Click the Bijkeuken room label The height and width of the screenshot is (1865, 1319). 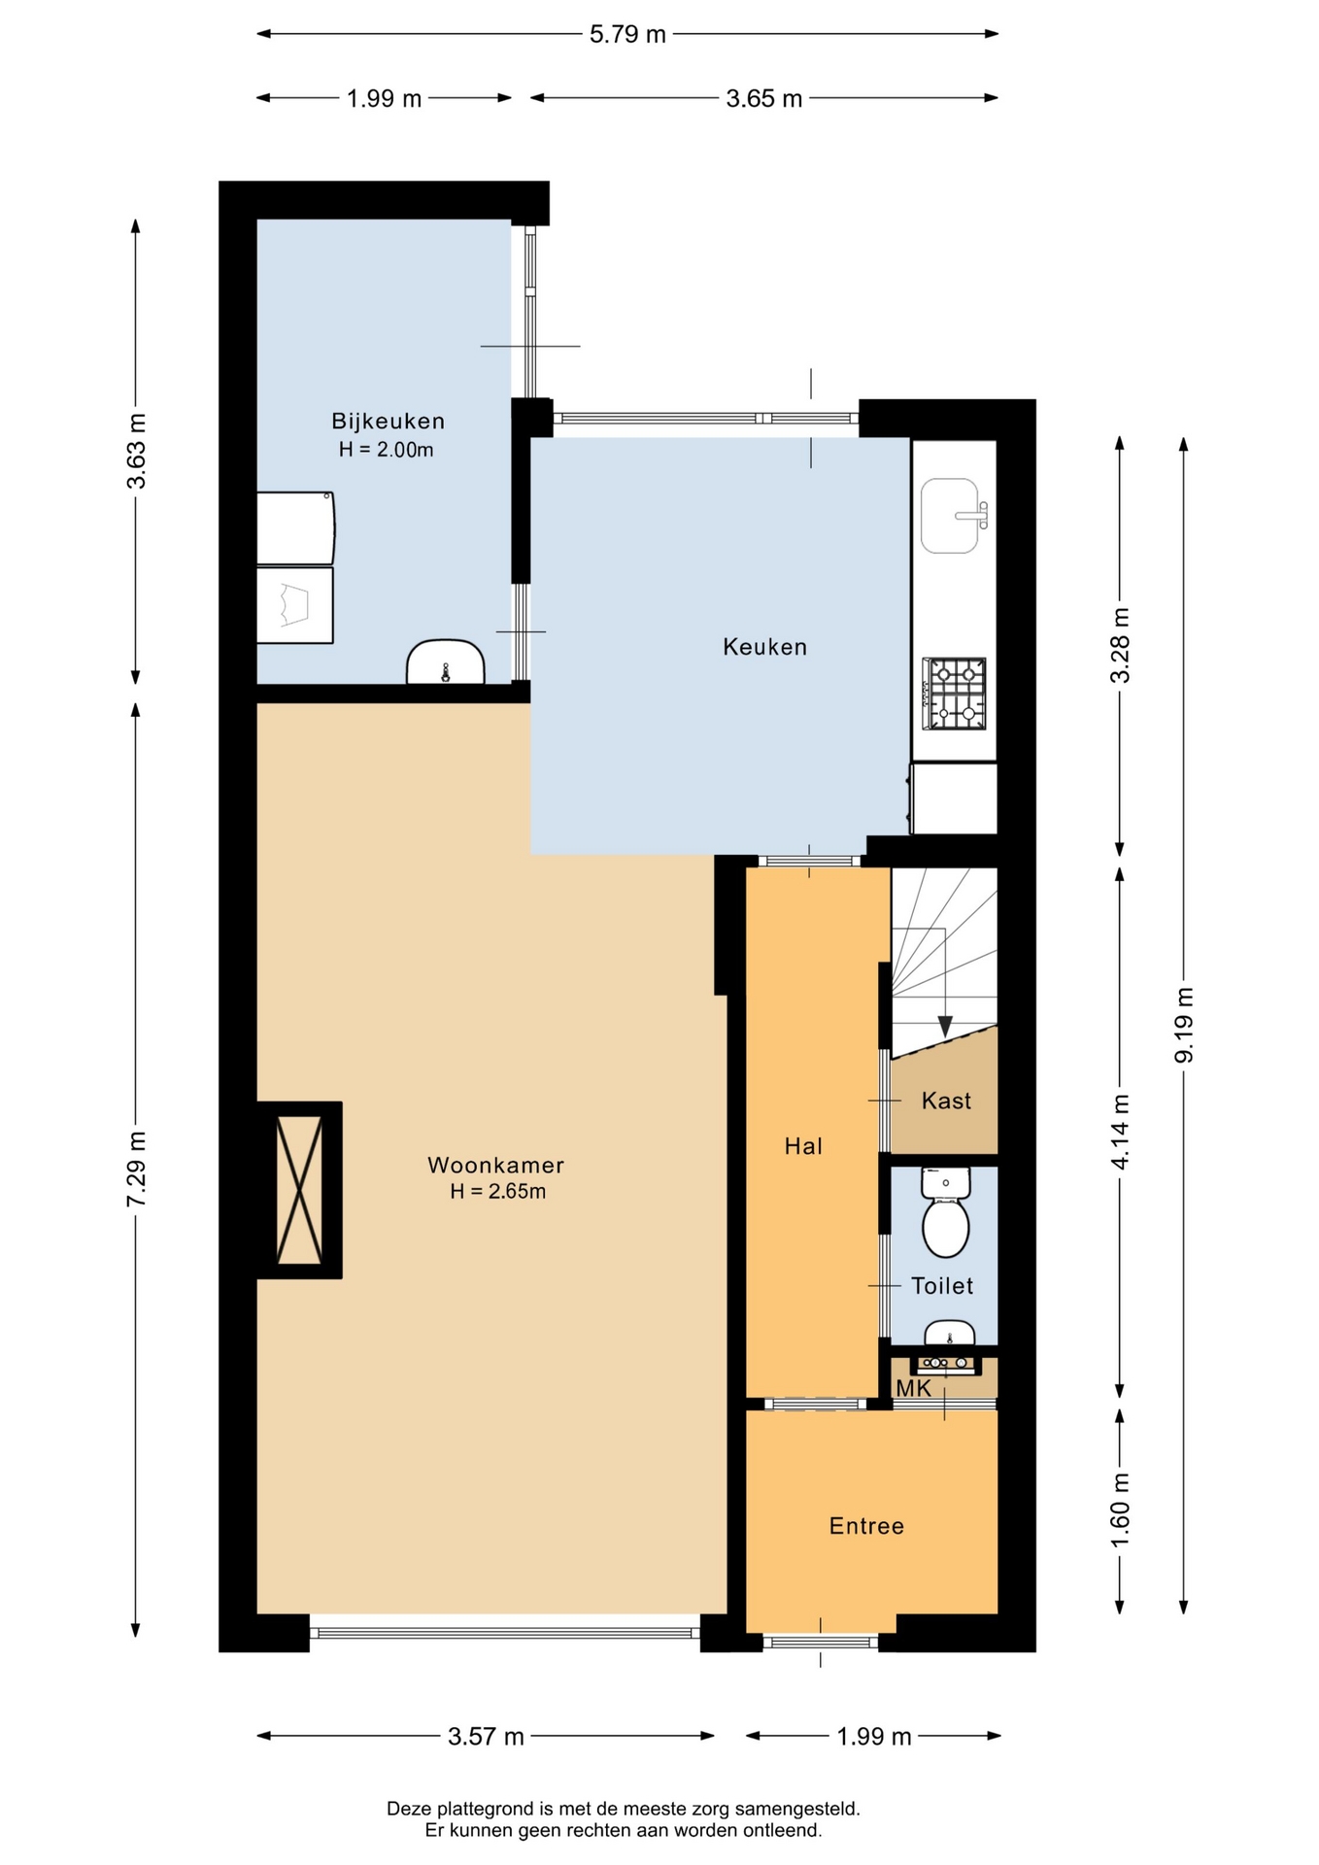click(388, 422)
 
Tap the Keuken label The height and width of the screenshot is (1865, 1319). click(764, 647)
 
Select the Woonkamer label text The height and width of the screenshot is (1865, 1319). click(495, 1165)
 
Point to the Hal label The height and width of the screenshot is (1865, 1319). click(803, 1146)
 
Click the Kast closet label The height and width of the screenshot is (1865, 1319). click(946, 1101)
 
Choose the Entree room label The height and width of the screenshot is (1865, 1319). click(866, 1526)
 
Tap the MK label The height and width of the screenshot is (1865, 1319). click(913, 1389)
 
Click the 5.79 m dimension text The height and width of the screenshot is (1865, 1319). click(627, 34)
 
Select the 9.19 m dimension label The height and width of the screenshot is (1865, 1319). click(1183, 1026)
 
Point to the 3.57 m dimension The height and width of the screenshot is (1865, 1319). click(486, 1736)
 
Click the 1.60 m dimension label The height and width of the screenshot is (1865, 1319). click(1120, 1511)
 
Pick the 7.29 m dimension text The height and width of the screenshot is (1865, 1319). click(136, 1170)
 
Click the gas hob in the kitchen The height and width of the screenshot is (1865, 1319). click(954, 694)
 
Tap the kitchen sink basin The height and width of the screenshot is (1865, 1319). click(950, 516)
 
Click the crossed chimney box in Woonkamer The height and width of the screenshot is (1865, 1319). click(299, 1190)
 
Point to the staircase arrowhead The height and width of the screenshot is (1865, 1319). click(945, 1026)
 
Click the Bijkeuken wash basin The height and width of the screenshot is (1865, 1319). click(445, 662)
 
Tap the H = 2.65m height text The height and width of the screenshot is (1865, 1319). click(497, 1192)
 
